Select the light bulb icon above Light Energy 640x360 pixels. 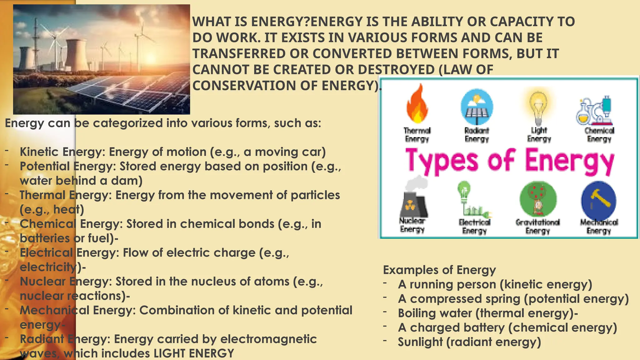[538, 106]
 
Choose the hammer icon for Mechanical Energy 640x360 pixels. [598, 200]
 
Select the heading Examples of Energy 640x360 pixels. [439, 270]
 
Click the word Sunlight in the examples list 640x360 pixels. [420, 342]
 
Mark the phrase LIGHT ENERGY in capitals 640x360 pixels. [194, 353]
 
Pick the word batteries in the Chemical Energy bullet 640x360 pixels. [45, 238]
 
